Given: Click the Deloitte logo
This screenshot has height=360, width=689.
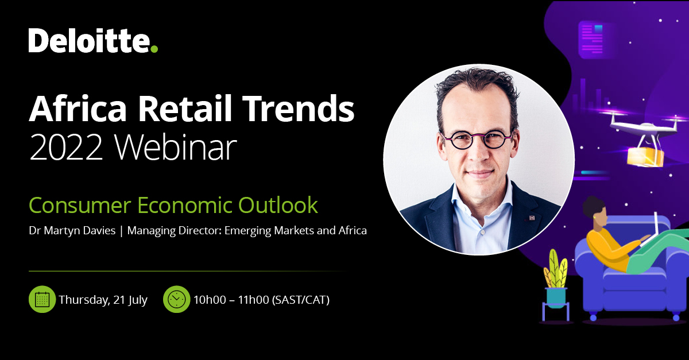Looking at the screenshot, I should tap(92, 41).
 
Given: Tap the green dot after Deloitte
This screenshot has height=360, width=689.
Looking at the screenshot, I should tap(153, 49).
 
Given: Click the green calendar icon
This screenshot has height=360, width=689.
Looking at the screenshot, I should tap(42, 299).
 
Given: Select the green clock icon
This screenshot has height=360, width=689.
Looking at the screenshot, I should tap(176, 299).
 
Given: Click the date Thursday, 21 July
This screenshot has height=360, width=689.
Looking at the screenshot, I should tap(103, 300).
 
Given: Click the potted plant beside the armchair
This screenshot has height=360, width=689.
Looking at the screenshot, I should tap(555, 281).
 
